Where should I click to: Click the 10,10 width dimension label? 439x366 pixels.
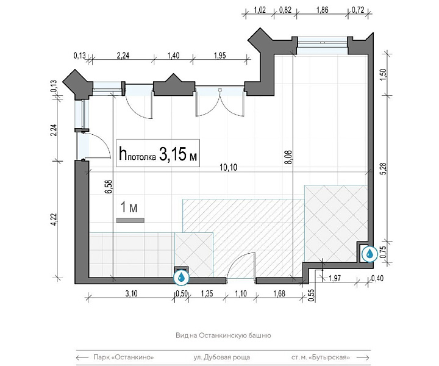tap(228, 168)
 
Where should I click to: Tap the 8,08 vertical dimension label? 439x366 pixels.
tap(288, 157)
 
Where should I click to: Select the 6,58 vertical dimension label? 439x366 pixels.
tap(109, 187)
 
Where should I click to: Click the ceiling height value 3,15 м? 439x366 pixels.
tap(178, 154)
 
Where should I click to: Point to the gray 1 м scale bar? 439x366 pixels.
tap(130, 220)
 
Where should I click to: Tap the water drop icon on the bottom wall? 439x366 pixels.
tap(182, 277)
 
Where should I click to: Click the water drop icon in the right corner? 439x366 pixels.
tap(369, 254)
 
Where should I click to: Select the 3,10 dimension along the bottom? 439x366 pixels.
tap(131, 293)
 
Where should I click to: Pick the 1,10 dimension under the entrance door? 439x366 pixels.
tap(241, 293)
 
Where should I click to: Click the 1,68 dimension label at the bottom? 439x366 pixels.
tap(279, 293)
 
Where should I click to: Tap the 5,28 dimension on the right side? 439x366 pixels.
tap(384, 168)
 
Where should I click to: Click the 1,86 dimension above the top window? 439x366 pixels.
tap(323, 10)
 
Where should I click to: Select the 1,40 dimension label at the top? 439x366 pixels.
tap(173, 56)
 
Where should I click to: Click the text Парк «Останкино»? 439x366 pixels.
tap(124, 357)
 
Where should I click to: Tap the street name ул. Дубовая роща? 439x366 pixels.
tap(222, 357)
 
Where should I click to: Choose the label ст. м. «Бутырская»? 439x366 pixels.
tap(321, 357)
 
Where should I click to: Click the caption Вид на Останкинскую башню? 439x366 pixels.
tap(223, 335)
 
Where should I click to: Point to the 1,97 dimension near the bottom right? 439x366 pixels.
tap(335, 278)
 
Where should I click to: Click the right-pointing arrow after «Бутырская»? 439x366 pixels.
tap(363, 357)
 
